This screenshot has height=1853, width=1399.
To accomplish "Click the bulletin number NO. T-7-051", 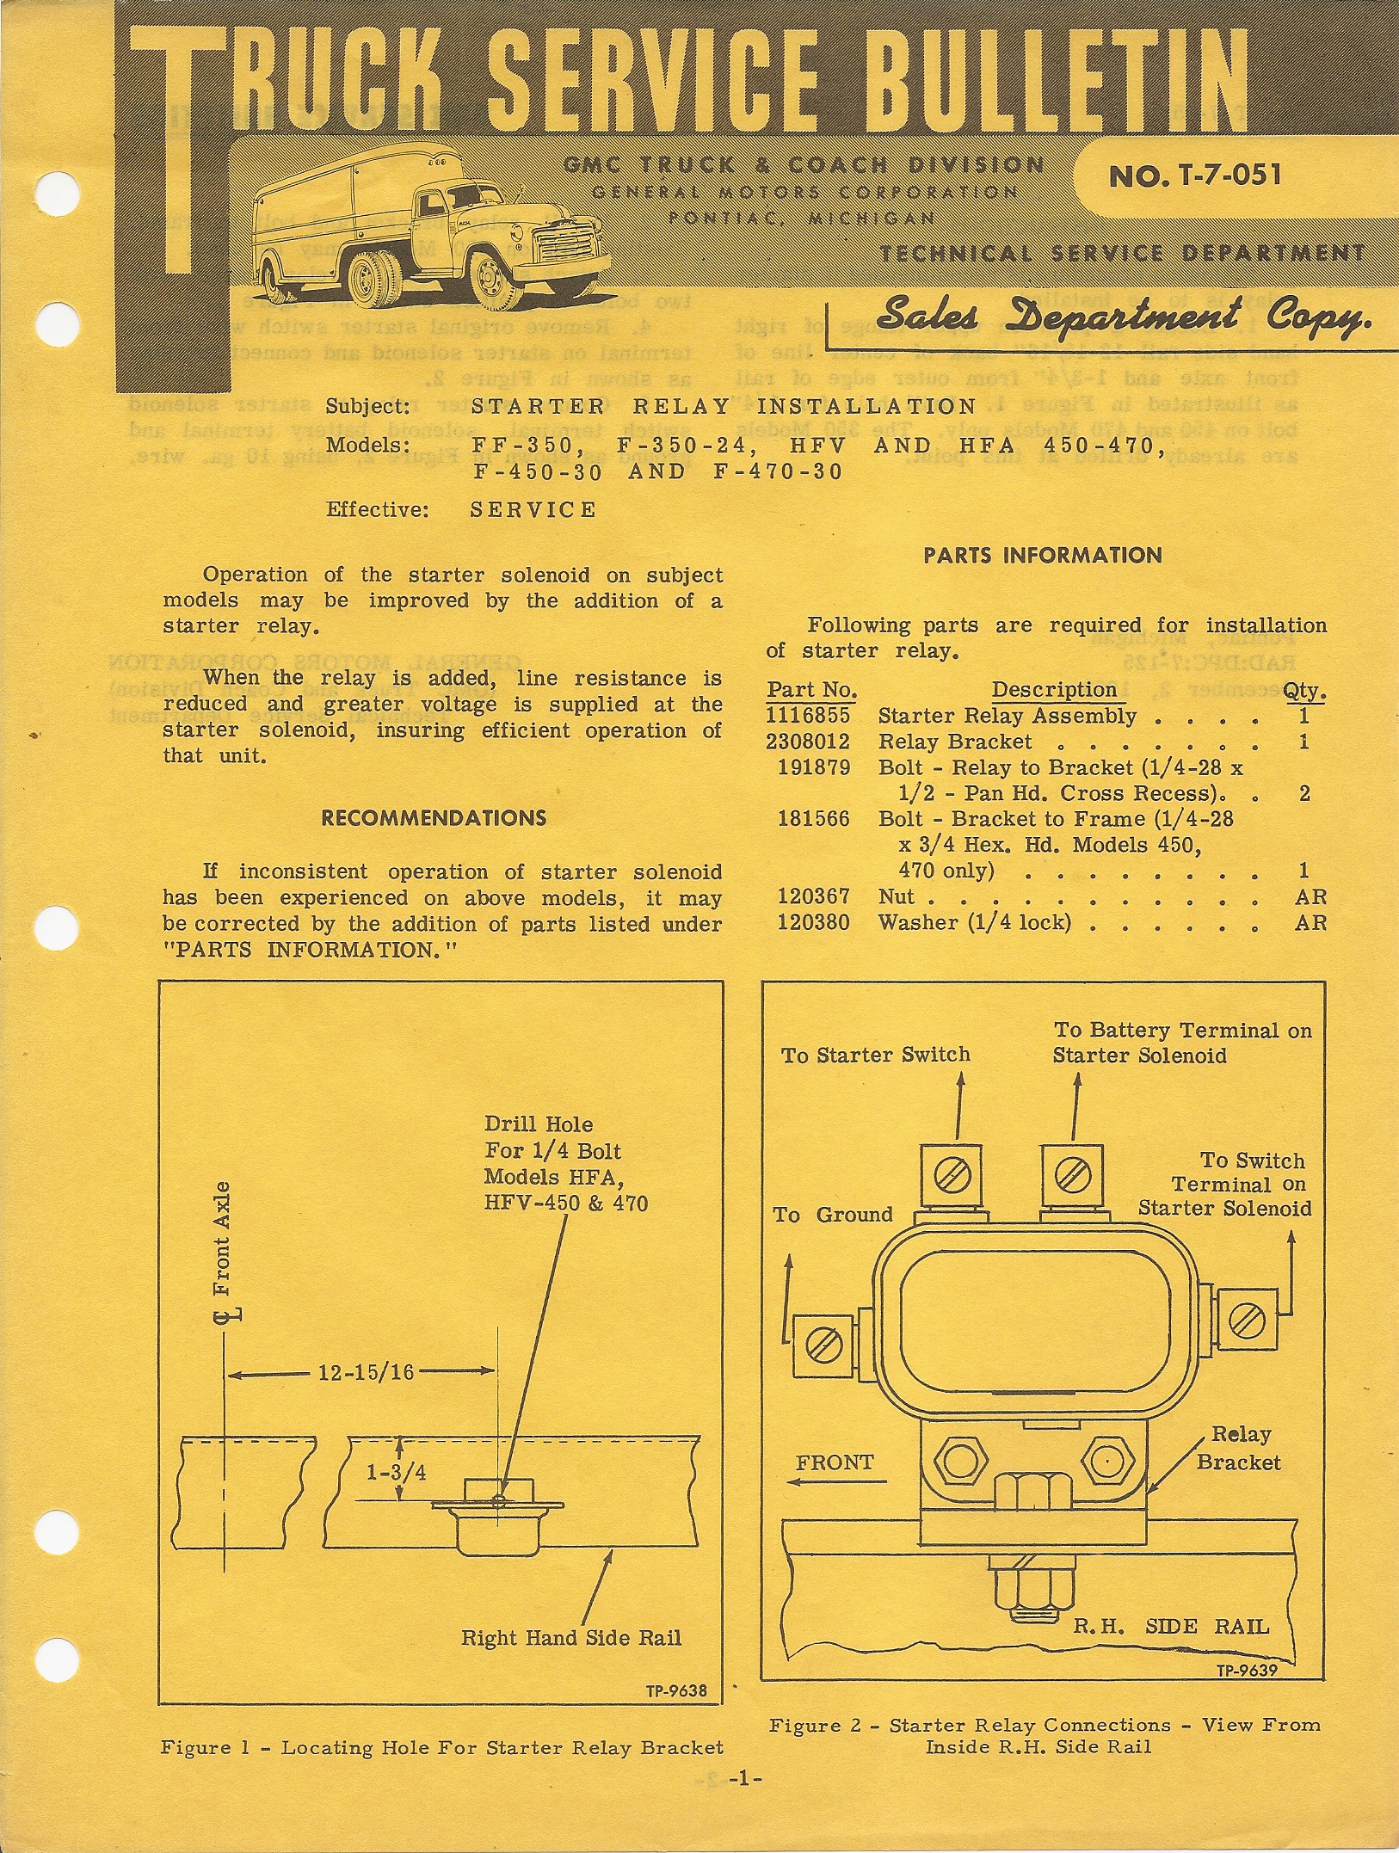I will pos(1195,175).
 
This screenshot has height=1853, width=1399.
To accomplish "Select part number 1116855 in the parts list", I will pos(808,716).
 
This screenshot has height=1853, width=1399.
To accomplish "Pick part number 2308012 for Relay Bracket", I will pos(808,742).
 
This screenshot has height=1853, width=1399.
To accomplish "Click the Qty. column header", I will pos(1304,691).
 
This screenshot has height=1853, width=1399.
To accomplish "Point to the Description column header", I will pos(1053,690).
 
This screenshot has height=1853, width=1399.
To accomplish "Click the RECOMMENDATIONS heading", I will pos(434,818).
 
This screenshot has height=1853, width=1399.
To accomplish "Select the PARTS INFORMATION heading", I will pos(1042,556).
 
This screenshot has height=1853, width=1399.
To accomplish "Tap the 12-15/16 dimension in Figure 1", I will pos(366,1372).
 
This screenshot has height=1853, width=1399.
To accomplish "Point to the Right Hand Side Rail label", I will pos(570,1638).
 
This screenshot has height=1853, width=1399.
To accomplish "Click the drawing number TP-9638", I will pos(676,1691).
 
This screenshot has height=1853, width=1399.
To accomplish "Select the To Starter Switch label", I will pos(875,1055).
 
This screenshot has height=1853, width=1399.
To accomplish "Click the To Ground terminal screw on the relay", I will pos(822,1344).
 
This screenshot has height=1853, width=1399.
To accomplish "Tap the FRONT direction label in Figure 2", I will pos(834,1462).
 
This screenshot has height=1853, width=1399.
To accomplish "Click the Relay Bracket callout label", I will pos(1239,1448).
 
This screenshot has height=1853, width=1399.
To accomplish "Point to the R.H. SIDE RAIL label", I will pos(1171,1627).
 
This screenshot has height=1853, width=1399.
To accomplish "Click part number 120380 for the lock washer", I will pos(813,923).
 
